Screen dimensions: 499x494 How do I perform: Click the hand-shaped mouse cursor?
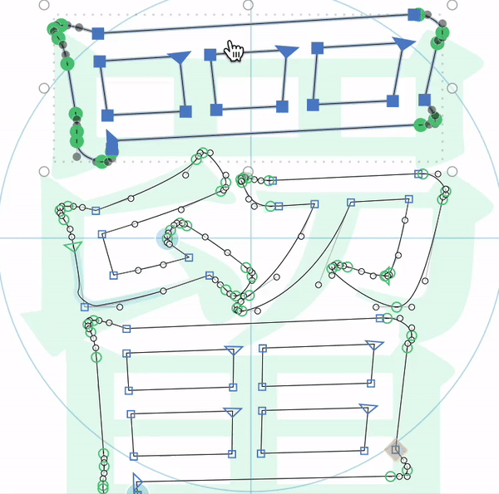[234, 51]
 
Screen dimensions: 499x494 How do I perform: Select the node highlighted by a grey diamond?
[396, 449]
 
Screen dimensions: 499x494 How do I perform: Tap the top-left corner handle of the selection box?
[44, 5]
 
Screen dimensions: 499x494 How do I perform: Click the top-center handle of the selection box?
[248, 5]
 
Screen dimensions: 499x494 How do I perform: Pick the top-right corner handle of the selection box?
[452, 5]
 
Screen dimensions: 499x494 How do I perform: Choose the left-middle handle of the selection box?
[44, 88]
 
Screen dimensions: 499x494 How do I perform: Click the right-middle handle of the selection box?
[452, 88]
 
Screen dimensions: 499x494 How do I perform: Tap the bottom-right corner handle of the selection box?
[452, 172]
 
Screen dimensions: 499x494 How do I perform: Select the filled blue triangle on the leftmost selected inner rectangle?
[179, 57]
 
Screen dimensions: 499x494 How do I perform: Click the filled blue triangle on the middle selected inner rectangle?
[287, 51]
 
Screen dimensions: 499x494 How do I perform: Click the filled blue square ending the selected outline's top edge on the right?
[414, 15]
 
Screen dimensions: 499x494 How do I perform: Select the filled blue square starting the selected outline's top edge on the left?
[98, 33]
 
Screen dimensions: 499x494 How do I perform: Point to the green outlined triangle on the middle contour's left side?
[73, 247]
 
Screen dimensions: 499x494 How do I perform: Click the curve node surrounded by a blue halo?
[167, 238]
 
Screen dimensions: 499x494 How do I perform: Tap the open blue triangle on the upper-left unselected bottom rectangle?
[234, 350]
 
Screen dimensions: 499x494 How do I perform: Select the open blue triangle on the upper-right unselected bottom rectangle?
[374, 345]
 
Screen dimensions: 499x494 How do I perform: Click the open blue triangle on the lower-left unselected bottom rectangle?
[233, 412]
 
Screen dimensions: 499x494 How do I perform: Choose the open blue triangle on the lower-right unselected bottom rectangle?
[368, 408]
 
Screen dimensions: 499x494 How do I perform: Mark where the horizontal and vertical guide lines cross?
[251, 237]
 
